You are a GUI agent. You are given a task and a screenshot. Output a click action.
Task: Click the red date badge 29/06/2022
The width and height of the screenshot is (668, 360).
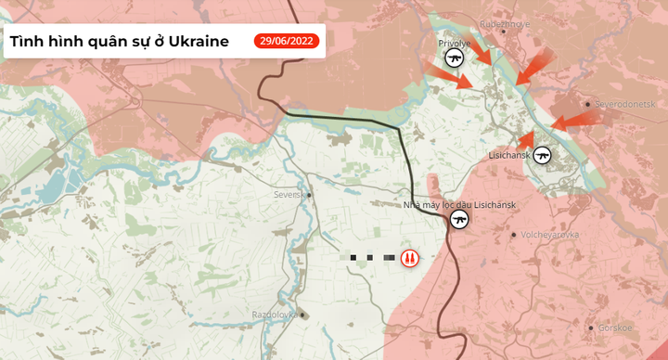tap(287, 41)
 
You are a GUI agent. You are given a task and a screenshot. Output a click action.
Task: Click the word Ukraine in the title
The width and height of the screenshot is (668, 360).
tap(196, 42)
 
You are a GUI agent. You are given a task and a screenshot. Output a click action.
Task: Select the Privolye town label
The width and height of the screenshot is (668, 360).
tap(455, 44)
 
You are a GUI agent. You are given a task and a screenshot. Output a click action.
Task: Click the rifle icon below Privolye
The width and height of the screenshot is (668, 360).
tap(455, 58)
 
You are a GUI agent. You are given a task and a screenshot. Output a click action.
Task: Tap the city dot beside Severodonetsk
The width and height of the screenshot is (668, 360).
tap(588, 104)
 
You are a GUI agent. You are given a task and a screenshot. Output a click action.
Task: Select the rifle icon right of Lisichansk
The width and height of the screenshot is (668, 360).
tap(543, 155)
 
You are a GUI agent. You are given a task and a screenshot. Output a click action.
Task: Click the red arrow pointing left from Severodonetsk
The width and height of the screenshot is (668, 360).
tap(573, 120)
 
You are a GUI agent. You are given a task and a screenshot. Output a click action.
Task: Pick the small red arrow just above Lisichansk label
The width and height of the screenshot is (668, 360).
tap(526, 139)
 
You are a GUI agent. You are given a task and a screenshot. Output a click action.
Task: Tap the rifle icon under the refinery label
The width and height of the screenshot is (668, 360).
tap(458, 220)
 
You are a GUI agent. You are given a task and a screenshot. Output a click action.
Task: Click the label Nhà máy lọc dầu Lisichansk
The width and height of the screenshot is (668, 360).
tap(458, 204)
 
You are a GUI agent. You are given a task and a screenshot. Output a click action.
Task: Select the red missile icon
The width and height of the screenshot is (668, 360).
tap(408, 257)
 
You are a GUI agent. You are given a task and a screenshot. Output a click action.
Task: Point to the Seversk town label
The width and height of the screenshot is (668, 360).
tap(289, 195)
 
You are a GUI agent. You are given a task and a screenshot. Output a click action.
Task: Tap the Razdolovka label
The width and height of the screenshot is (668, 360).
tap(275, 315)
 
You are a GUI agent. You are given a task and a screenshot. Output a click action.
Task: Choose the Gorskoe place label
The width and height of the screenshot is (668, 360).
tap(615, 327)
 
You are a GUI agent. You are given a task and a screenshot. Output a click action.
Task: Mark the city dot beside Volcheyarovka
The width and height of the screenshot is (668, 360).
tap(515, 234)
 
